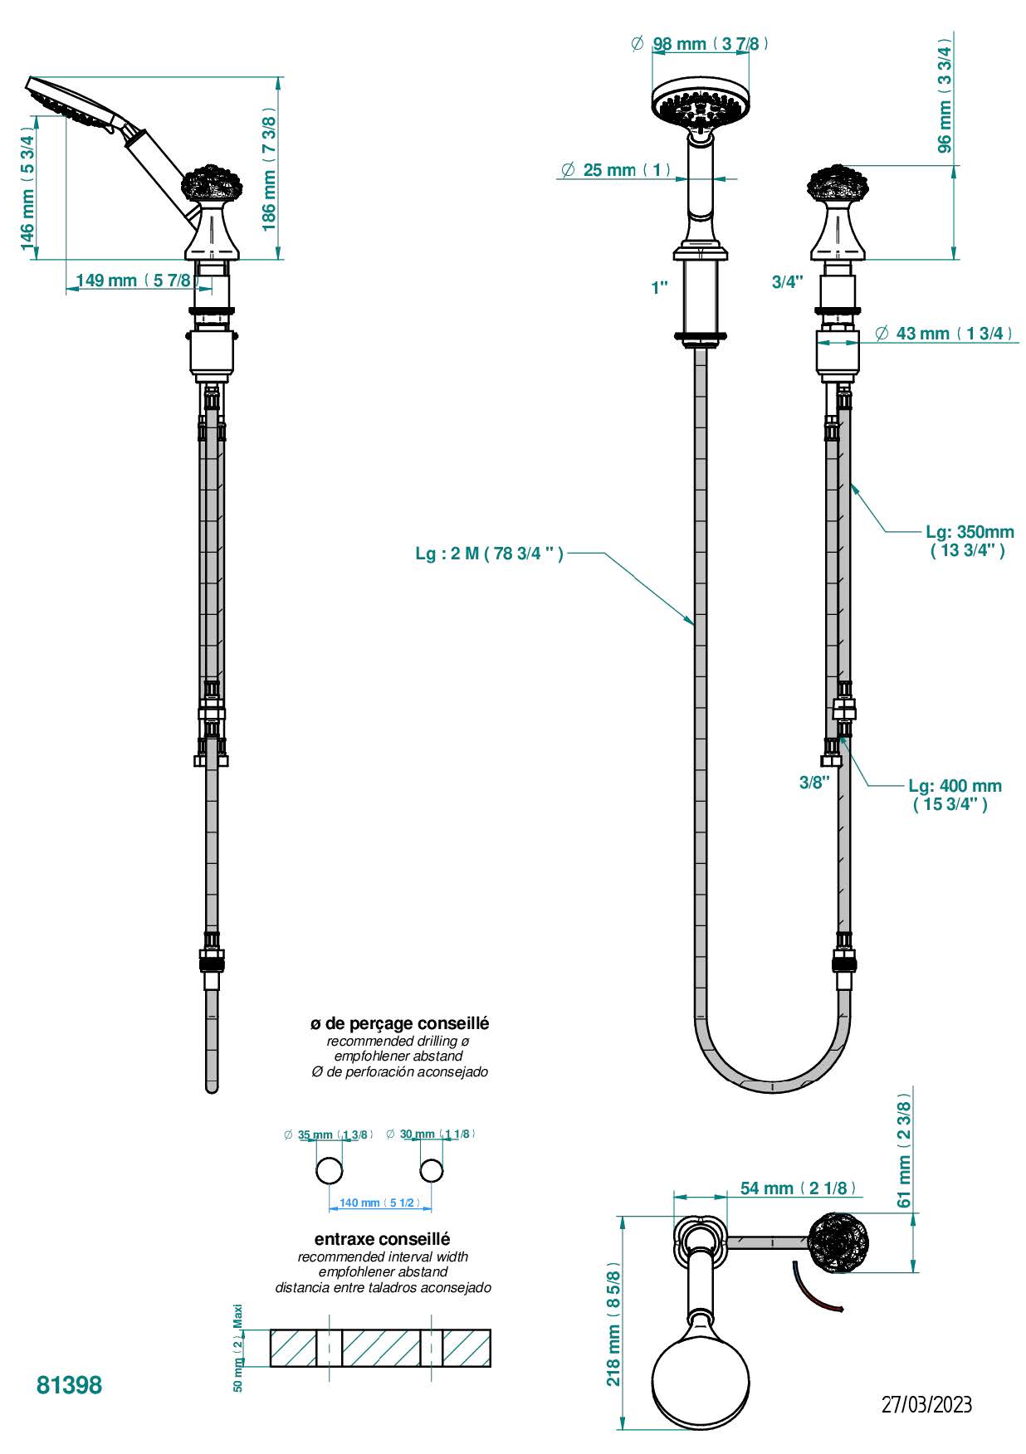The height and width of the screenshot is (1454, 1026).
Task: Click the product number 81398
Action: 69,1385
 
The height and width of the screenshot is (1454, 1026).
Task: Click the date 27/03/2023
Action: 926,1405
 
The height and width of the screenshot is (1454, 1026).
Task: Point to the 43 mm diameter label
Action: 944,334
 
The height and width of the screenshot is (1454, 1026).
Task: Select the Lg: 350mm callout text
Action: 969,540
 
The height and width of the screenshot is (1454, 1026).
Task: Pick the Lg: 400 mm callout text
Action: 953,794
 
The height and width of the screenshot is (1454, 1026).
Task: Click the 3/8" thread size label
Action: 814,782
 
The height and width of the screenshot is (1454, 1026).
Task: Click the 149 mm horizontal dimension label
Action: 133,281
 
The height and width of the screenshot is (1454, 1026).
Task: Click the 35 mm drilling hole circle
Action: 330,1170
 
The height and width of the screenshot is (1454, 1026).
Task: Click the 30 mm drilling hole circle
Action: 431,1170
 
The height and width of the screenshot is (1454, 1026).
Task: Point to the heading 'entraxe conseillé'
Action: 383,1239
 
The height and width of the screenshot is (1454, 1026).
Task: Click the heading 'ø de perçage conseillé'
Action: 399,1023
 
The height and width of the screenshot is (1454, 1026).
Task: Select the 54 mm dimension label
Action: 797,1188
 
